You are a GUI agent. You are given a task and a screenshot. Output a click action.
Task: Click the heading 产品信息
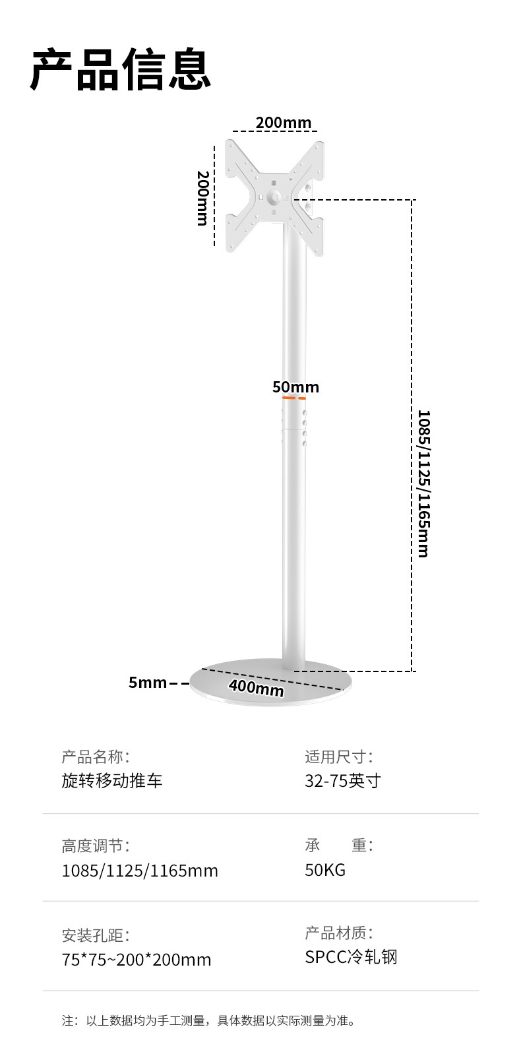(x=121, y=69)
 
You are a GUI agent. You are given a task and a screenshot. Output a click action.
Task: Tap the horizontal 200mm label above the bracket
(x=283, y=123)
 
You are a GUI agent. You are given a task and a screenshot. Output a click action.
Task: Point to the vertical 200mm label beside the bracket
(x=203, y=198)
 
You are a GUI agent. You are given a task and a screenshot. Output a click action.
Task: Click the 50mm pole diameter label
(x=295, y=387)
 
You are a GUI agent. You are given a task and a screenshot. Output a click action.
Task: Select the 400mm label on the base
(x=257, y=687)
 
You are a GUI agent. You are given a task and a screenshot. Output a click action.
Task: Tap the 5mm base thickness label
(x=148, y=683)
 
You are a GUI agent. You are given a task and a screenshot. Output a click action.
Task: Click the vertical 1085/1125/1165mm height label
(x=423, y=483)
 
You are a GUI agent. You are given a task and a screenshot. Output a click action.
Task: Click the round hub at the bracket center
(x=275, y=196)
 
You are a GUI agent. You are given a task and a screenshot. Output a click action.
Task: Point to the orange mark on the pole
(x=294, y=398)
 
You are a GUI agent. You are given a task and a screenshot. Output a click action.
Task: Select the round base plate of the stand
(x=271, y=686)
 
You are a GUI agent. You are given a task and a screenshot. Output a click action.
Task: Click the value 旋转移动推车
(x=111, y=781)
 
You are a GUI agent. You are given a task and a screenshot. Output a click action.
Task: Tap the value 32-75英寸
(x=343, y=781)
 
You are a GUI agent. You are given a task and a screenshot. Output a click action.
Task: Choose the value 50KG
(x=325, y=870)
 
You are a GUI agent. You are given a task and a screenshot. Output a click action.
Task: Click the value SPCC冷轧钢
(x=351, y=957)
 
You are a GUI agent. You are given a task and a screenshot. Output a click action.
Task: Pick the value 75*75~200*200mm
(x=137, y=960)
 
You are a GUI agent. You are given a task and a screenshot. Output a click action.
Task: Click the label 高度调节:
(x=96, y=846)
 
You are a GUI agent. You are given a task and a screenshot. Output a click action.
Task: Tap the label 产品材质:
(x=339, y=933)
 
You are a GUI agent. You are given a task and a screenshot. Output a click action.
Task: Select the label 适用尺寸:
(x=339, y=757)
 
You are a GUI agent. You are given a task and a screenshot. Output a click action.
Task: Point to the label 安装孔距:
(x=96, y=935)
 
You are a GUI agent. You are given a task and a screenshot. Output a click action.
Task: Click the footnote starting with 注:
(x=209, y=1021)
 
